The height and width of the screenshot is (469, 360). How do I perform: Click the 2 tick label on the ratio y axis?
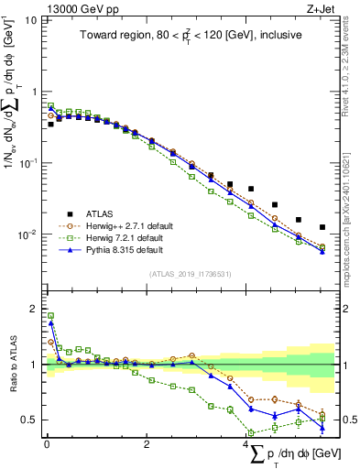click(x=34, y=308)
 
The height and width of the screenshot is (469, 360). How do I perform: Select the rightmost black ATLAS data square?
click(x=322, y=227)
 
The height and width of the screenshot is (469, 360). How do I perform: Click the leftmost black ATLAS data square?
click(x=50, y=124)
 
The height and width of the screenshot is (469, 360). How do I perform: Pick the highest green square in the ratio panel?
click(x=50, y=316)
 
